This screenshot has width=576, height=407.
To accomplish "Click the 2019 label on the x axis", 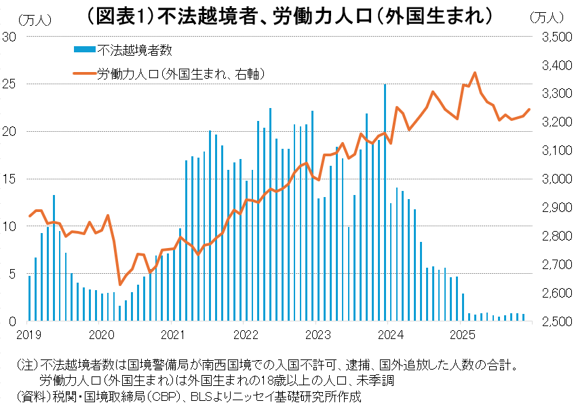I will click(29, 334).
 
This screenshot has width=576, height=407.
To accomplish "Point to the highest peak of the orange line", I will click(475, 73).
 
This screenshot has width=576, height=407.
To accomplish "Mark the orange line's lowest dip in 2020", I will click(120, 284).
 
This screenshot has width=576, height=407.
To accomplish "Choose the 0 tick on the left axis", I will click(12, 321).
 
